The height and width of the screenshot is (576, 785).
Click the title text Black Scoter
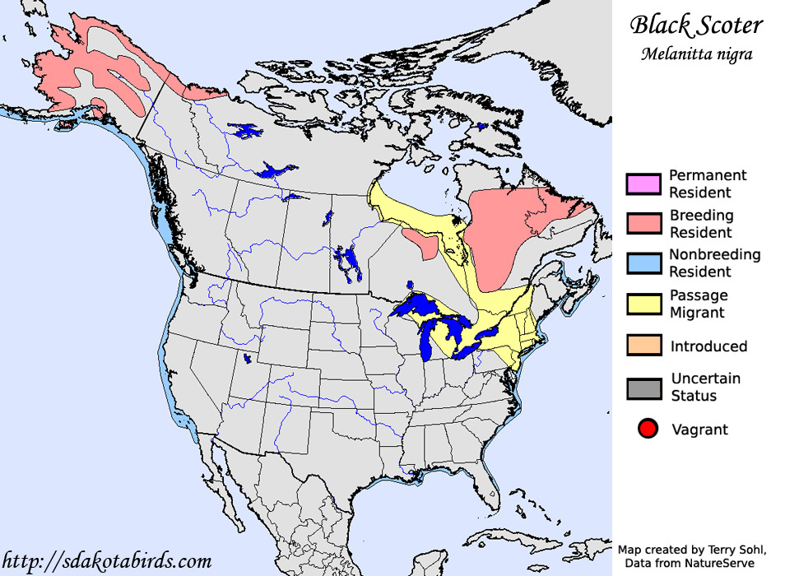[x=696, y=26]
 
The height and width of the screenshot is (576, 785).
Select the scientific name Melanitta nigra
[x=696, y=54]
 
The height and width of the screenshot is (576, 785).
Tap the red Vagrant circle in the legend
[x=648, y=429]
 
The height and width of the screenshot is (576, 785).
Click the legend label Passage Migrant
[x=698, y=304]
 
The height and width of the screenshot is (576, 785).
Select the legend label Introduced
[x=708, y=346]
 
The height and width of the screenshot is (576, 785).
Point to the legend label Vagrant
[x=699, y=430]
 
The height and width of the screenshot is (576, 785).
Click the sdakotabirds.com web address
[x=106, y=562]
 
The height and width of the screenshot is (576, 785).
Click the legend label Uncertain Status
[x=705, y=387]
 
